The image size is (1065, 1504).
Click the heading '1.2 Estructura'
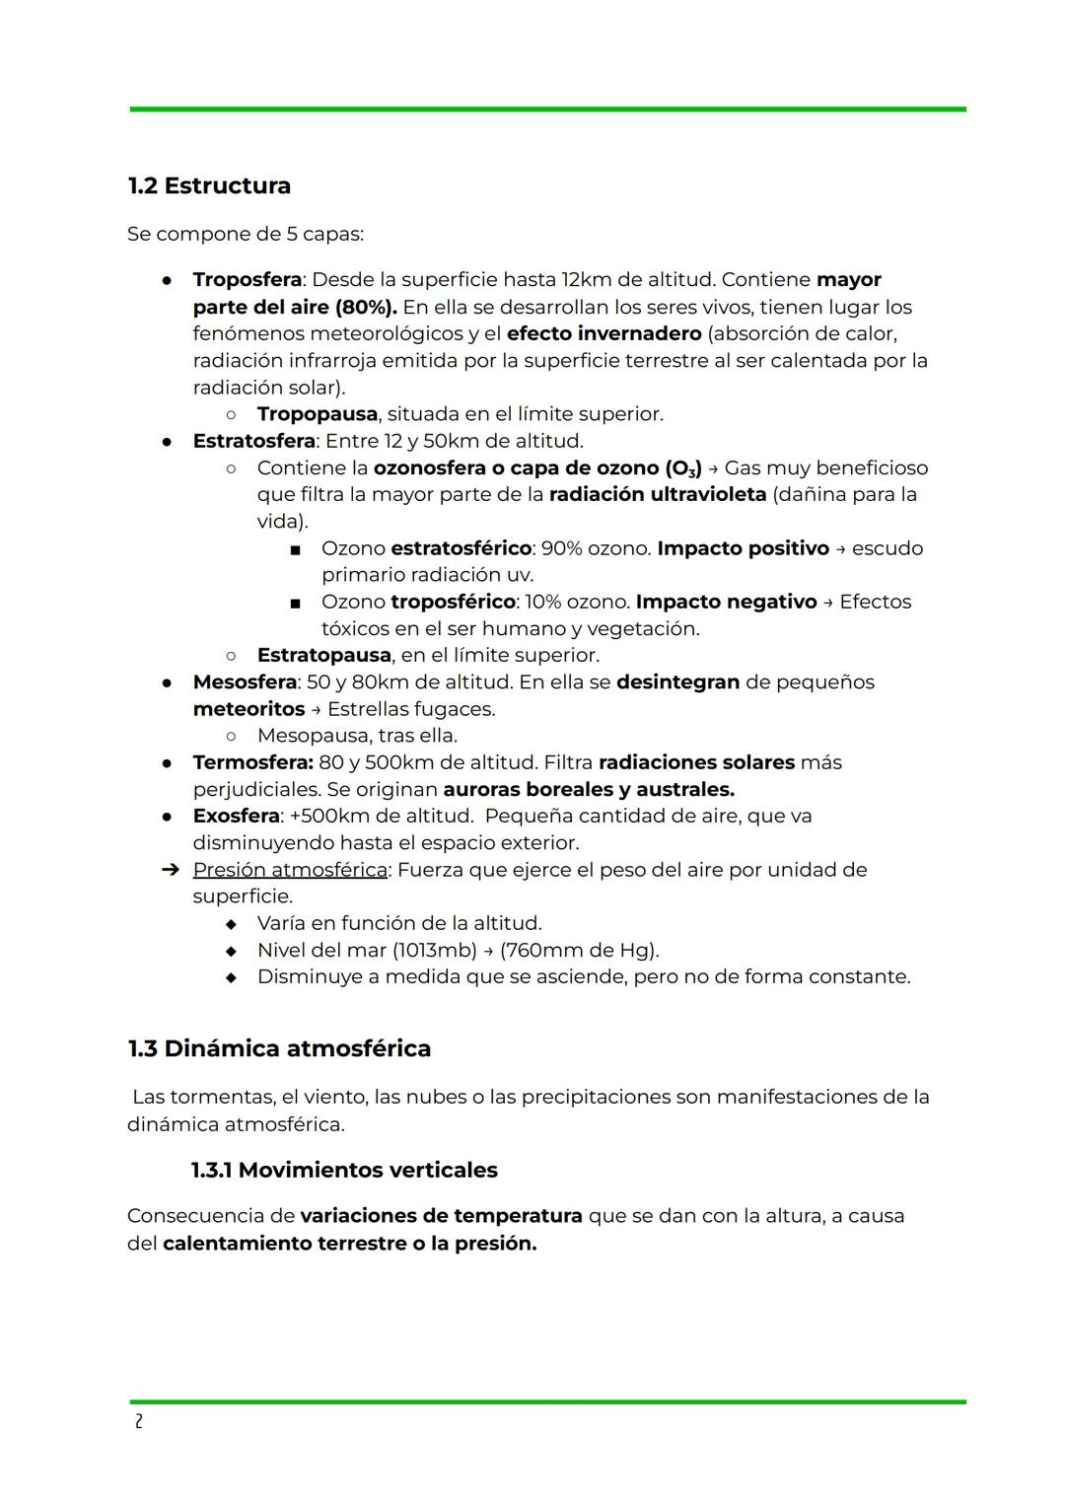pyautogui.click(x=209, y=185)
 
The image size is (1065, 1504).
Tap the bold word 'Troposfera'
pyautogui.click(x=247, y=280)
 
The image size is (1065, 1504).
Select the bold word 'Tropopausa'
pyautogui.click(x=317, y=414)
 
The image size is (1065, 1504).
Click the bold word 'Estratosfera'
pyautogui.click(x=253, y=441)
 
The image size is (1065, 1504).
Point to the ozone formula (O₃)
pyautogui.click(x=683, y=468)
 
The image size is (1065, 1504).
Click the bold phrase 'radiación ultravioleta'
pyautogui.click(x=657, y=494)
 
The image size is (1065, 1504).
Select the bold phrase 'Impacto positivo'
pyautogui.click(x=743, y=548)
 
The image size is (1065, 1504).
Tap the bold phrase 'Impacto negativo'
pyautogui.click(x=726, y=602)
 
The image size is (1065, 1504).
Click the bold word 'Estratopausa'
pyautogui.click(x=323, y=656)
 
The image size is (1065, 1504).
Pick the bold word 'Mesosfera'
pyautogui.click(x=245, y=682)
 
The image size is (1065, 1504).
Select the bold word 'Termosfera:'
pyautogui.click(x=252, y=762)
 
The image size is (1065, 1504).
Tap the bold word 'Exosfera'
pyautogui.click(x=236, y=817)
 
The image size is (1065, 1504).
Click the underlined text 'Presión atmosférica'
pyautogui.click(x=290, y=870)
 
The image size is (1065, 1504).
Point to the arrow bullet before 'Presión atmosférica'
pyautogui.click(x=170, y=870)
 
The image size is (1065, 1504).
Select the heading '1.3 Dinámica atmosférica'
pyautogui.click(x=279, y=1048)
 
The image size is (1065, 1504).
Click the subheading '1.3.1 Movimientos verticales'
pyautogui.click(x=344, y=1171)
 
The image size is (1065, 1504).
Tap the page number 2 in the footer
pyautogui.click(x=138, y=1421)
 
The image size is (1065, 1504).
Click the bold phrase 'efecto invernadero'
pyautogui.click(x=603, y=333)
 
